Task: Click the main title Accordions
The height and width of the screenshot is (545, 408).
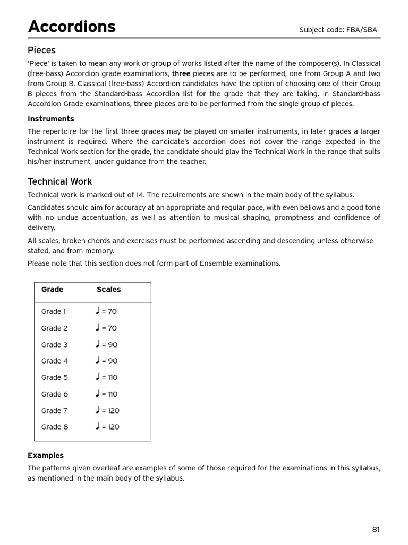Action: pos(72,27)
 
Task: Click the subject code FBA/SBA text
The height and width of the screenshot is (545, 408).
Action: pos(338,30)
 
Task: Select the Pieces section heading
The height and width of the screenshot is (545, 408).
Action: pos(41,51)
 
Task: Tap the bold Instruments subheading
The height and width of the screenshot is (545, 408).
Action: pos(51,119)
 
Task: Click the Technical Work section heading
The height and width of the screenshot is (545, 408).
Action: pos(59,181)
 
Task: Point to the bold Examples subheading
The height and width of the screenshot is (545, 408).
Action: pos(46,456)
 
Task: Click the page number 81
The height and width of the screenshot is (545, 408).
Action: pos(376,529)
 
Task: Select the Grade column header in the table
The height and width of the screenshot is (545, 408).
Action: pos(52,290)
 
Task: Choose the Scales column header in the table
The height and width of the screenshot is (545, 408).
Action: pos(108,290)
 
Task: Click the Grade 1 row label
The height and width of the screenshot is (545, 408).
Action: pos(54,312)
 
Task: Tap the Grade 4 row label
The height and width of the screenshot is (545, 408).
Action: pos(55,361)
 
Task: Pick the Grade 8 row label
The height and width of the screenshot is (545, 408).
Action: pos(55,427)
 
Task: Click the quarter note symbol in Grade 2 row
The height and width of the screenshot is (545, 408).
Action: pos(98,327)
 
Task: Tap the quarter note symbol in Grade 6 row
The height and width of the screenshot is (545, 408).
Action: pos(98,393)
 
